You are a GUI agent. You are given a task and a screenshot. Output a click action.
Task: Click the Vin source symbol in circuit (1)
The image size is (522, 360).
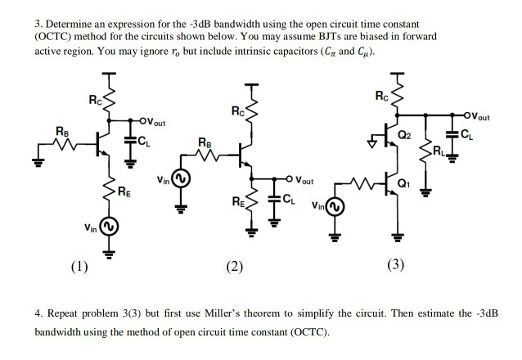(109, 225)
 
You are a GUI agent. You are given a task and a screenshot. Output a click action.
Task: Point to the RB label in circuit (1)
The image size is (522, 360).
(62, 130)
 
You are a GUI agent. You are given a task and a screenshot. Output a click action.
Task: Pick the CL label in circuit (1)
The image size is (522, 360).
(143, 146)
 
